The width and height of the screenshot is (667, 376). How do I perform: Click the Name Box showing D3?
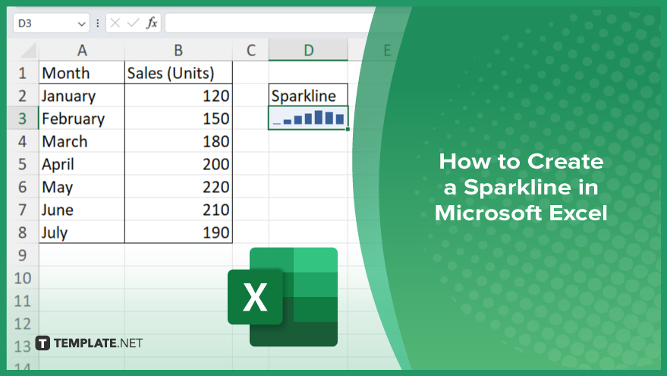pos(51,23)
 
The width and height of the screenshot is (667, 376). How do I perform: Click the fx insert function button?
pos(152,23)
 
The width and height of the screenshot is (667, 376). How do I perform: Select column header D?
pos(308,50)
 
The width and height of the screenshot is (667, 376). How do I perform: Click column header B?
pos(178,50)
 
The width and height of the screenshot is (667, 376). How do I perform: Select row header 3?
pos(23,118)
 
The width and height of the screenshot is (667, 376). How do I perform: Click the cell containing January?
pos(82,96)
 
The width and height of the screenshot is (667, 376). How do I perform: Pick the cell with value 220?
pos(178,187)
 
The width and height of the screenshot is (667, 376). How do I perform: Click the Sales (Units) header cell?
pos(178,73)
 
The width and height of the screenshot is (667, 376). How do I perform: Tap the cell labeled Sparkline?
pos(308,96)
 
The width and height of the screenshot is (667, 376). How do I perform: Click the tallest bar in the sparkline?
pos(318,117)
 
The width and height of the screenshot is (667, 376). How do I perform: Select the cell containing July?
pos(82,232)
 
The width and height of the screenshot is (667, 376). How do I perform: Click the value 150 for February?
pos(178,118)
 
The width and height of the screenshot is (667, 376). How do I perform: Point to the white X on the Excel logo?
pos(255,297)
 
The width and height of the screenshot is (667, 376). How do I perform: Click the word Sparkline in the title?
pos(518,188)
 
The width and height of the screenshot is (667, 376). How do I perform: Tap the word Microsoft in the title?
pos(489,213)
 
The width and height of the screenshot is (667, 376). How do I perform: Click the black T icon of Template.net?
pos(42,343)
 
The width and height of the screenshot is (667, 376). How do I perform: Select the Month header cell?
pos(82,73)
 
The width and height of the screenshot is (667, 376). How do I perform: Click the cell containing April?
pos(82,164)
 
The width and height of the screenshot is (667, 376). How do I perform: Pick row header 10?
pos(23,278)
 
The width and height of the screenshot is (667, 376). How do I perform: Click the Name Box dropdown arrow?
pos(82,24)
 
